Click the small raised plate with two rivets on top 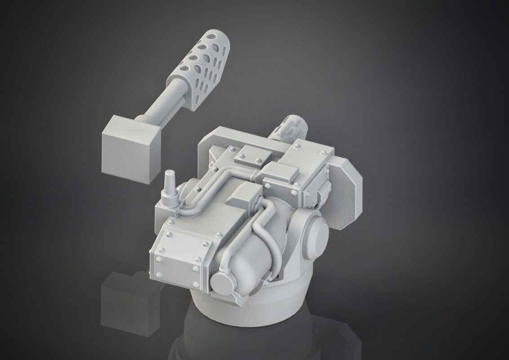tap(250, 155)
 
